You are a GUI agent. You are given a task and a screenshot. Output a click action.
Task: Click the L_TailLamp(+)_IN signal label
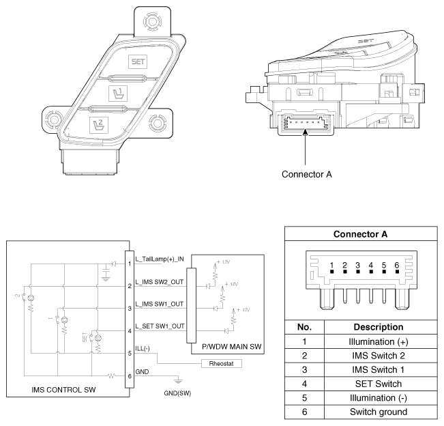pyautogui.click(x=161, y=259)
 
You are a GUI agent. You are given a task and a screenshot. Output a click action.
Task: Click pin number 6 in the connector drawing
pyautogui.click(x=396, y=264)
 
